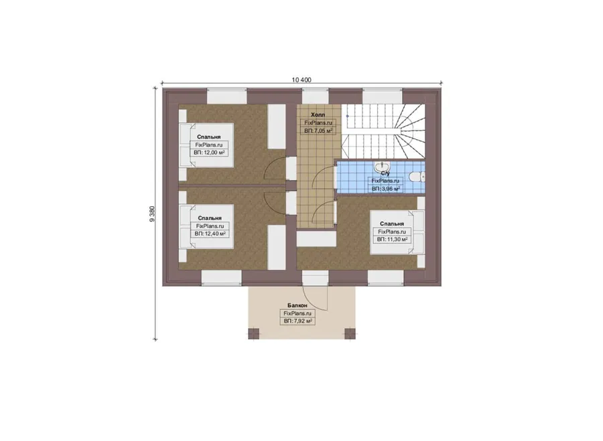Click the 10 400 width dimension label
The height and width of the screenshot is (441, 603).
[301, 80]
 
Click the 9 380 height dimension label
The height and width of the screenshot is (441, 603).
[152, 214]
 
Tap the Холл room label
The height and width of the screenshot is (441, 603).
[318, 114]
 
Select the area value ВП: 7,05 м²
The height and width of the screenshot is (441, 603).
[318, 131]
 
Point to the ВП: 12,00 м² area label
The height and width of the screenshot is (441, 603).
[209, 153]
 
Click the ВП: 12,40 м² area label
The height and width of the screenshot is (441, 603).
[210, 234]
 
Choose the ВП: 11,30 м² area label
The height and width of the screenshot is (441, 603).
[392, 240]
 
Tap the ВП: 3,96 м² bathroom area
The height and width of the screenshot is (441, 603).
[386, 189]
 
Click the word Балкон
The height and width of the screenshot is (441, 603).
[297, 305]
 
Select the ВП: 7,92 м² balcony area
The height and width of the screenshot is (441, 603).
[297, 321]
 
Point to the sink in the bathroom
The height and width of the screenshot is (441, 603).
[382, 167]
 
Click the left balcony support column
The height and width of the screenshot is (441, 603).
[254, 333]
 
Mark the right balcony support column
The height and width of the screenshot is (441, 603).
[350, 333]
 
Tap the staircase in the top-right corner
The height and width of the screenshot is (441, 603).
[383, 131]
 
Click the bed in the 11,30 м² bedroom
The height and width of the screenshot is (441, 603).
[397, 232]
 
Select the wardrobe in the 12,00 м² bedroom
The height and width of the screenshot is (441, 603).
[277, 126]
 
